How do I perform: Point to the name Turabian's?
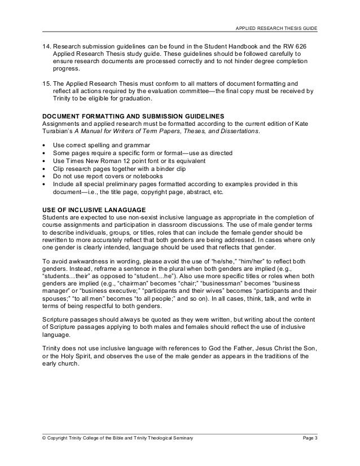58,131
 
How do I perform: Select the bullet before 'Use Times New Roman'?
45,161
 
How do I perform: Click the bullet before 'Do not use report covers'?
45,176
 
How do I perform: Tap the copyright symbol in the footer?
45,438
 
